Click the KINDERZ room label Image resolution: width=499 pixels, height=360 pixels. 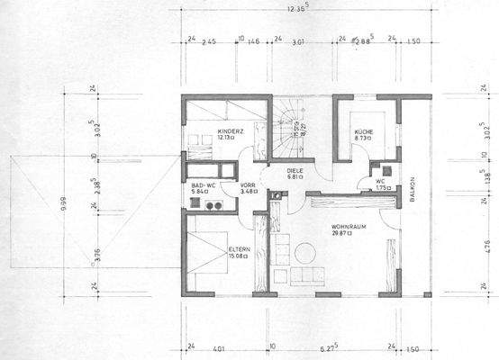[x=231, y=130]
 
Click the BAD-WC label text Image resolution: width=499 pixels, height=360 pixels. [x=201, y=184]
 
